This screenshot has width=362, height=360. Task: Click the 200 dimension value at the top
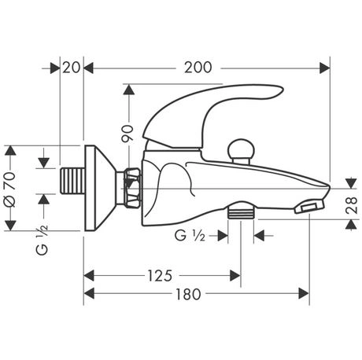(x=198, y=68)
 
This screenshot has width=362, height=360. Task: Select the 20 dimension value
(x=72, y=68)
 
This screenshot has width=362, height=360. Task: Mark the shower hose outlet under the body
(x=241, y=211)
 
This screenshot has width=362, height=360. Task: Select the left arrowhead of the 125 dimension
(x=88, y=275)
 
